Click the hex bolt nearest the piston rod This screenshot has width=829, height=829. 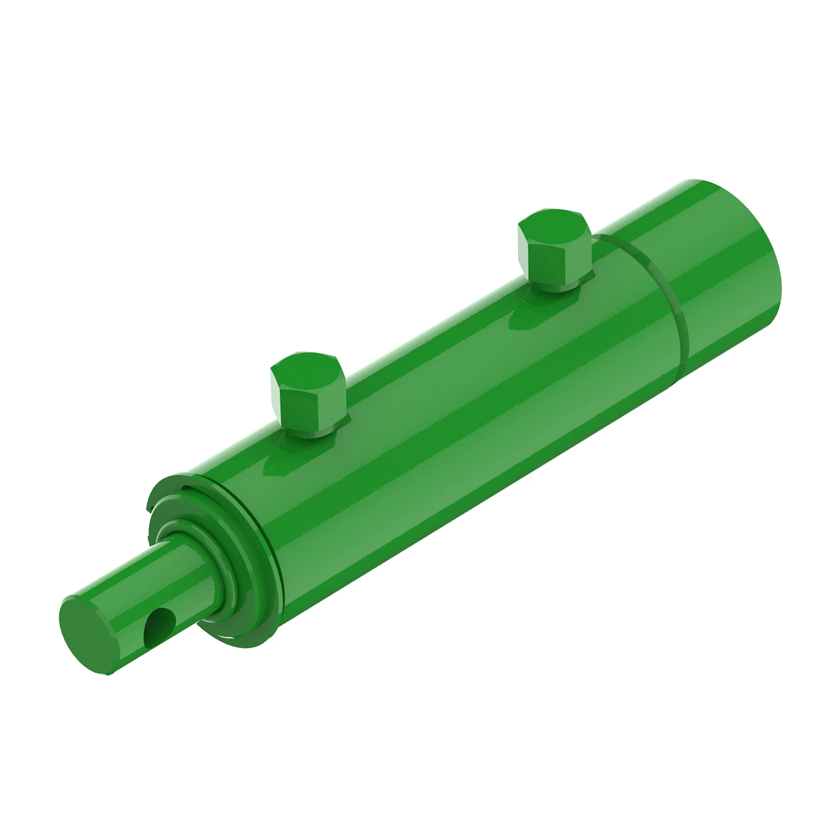click(308, 397)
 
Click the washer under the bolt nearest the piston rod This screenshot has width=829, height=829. click(315, 433)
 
